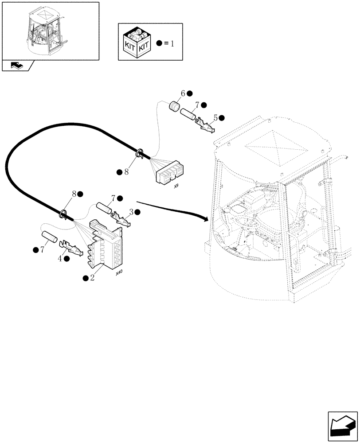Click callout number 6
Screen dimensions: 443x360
click(x=182, y=93)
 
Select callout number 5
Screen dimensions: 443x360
click(x=215, y=118)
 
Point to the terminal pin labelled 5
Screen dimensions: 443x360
click(x=205, y=125)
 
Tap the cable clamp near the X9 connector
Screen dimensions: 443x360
click(x=139, y=153)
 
